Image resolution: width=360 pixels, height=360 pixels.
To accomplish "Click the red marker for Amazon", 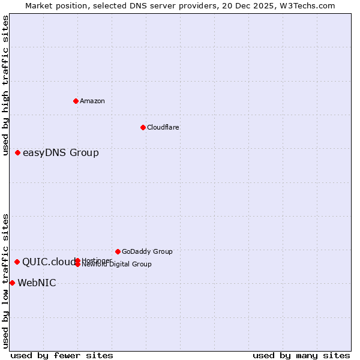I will pos(76,101).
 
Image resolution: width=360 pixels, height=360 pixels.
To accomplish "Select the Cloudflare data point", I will pos(143,127).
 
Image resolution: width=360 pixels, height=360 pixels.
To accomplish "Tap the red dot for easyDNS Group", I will pos(18,153).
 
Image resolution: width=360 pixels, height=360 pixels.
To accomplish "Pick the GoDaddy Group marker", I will pos(118,251).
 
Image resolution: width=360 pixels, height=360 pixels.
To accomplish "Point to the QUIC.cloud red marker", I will pos(17,262).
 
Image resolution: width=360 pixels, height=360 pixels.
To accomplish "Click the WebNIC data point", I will pos(12,283).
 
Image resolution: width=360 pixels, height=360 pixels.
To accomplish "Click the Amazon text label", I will pos(92,101).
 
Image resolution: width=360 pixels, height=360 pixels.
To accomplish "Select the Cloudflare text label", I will pos(163,127).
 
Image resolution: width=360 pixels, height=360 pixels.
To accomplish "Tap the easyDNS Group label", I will pos(61,153).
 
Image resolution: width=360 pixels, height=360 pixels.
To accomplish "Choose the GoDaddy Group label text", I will pos(147,251).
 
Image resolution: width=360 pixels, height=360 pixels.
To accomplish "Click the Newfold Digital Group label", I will pos(117,265).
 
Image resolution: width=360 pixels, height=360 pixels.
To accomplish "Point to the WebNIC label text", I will pos(37,283).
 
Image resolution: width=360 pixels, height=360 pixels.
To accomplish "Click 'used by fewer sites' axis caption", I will pos(62,355).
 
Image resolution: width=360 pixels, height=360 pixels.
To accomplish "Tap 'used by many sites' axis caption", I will pos(301,355).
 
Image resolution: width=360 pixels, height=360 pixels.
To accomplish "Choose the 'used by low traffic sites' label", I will pos(6,281).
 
